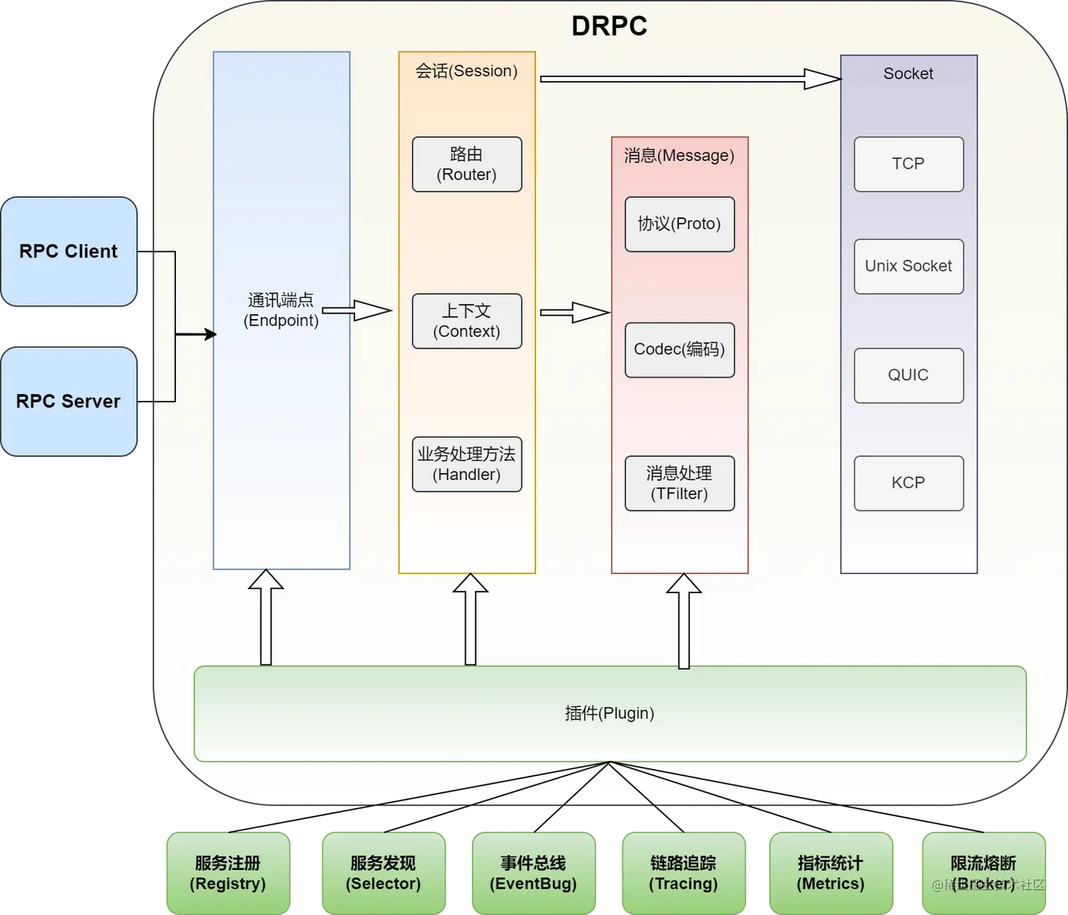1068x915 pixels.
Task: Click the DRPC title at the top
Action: click(x=609, y=26)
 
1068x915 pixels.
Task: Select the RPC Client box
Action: click(x=69, y=251)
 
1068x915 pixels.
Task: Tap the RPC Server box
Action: click(x=69, y=401)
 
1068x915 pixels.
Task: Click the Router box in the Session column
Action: click(x=467, y=165)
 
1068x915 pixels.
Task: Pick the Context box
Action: click(x=467, y=321)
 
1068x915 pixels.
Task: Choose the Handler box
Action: click(x=467, y=465)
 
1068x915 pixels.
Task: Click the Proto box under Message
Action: click(x=680, y=225)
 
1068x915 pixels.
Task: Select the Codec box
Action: click(x=680, y=350)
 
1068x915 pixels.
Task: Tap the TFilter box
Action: click(x=680, y=484)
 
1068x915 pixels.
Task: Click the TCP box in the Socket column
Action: click(x=908, y=165)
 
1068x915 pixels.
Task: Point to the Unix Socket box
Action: click(x=908, y=266)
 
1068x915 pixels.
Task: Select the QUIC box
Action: click(x=908, y=376)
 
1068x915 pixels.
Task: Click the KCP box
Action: click(x=908, y=484)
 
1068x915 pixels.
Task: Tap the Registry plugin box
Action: click(x=228, y=873)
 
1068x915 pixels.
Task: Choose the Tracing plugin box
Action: click(x=683, y=873)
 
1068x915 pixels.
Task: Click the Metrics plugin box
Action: click(x=831, y=873)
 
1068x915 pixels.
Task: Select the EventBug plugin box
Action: click(x=534, y=873)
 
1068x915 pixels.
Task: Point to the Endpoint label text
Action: click(x=281, y=311)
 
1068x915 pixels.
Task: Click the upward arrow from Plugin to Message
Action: click(x=684, y=621)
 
